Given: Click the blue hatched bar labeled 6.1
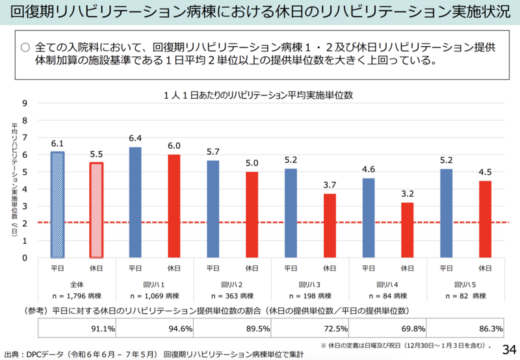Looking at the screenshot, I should (x=57, y=205).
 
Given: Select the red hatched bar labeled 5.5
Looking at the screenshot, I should (x=96, y=210).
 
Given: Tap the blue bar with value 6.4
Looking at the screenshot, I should (x=135, y=202).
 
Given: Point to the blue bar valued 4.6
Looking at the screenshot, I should (x=369, y=218).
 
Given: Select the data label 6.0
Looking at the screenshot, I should (x=174, y=146).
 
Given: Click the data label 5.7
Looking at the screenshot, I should (x=213, y=151).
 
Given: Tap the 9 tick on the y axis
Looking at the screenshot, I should (x=25, y=103).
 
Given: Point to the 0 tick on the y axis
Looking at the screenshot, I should (x=25, y=257).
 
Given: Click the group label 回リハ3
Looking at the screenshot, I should (x=310, y=285).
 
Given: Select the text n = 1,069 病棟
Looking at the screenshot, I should (x=154, y=296).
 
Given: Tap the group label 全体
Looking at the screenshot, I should (x=76, y=285).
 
